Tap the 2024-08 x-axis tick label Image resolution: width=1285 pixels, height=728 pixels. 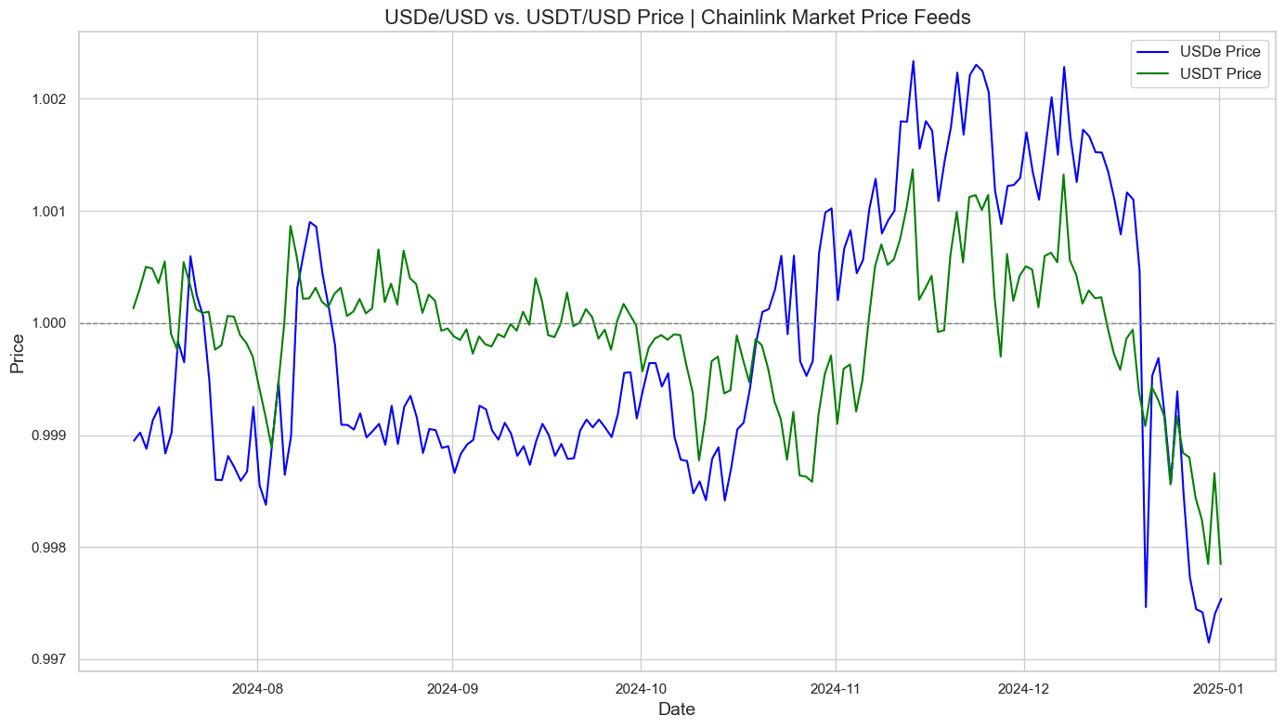point(256,688)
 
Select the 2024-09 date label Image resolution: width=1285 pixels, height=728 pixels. point(452,688)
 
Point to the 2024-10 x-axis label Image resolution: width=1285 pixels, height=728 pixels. point(641,688)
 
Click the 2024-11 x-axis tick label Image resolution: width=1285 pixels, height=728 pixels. point(836,688)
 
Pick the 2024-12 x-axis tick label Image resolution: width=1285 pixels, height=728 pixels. point(1024,688)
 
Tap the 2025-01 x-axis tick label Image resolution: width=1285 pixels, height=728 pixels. point(1219,688)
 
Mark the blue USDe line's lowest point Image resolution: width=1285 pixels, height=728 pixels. point(1208,642)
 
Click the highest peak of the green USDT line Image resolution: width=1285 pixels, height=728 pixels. point(913,169)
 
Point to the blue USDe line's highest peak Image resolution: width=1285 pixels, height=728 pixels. point(913,61)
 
